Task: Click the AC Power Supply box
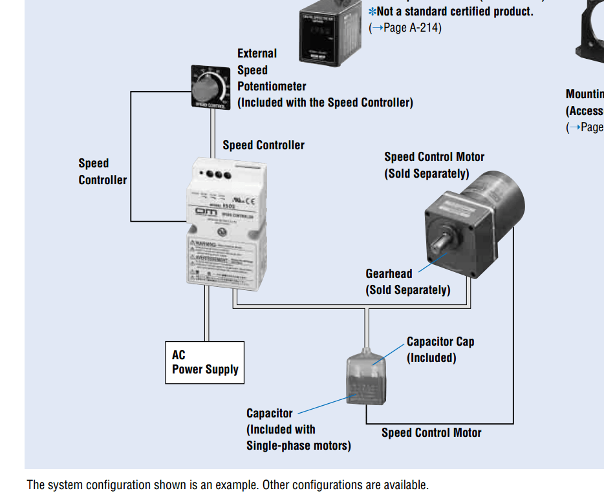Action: pos(204,362)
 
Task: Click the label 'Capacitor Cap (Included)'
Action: pos(440,350)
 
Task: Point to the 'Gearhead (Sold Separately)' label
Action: pos(407,282)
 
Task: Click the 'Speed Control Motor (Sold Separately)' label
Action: pos(434,165)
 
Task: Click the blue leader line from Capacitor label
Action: pos(323,404)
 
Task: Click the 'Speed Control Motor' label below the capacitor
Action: pos(431,433)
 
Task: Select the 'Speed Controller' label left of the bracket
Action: pos(102,172)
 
